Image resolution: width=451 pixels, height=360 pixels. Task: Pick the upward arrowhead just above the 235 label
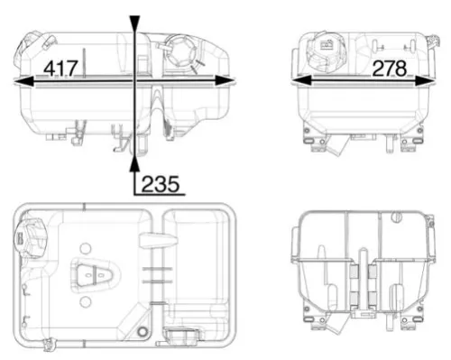(x=134, y=162)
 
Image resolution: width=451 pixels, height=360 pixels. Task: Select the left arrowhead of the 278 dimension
(x=298, y=81)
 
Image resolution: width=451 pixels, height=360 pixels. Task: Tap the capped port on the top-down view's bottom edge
(x=180, y=337)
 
